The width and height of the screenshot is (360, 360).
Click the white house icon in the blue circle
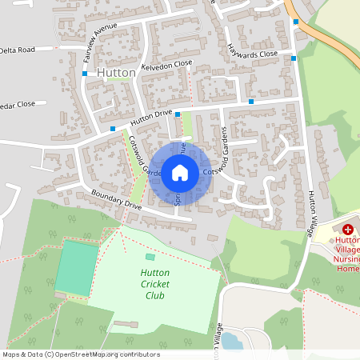[x=180, y=172]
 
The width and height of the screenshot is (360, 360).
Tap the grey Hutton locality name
[x=115, y=72]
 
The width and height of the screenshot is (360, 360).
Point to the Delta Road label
[x=18, y=50]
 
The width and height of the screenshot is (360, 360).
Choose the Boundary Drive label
[x=116, y=199]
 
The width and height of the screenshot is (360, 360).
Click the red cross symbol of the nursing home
[x=348, y=229]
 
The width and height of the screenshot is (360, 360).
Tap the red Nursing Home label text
[x=348, y=254]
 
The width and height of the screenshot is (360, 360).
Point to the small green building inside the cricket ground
[x=150, y=257]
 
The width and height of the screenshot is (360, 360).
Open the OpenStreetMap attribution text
[x=81, y=354]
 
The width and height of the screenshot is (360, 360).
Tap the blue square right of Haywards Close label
[x=294, y=58]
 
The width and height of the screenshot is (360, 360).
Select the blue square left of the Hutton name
[x=85, y=74]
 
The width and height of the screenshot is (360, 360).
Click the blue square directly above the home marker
[x=177, y=114]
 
